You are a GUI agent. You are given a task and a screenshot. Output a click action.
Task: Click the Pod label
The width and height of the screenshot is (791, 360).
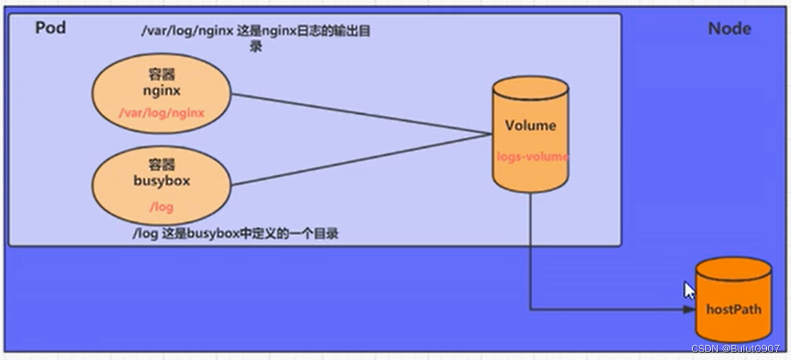50,28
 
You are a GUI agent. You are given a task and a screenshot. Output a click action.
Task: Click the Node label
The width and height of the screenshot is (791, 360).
729,28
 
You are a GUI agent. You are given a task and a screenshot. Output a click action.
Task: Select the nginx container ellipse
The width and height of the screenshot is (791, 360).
161,93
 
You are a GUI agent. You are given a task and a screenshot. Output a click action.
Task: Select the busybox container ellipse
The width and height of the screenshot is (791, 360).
161,185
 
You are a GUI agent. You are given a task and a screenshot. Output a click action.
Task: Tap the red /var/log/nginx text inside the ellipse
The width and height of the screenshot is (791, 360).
161,113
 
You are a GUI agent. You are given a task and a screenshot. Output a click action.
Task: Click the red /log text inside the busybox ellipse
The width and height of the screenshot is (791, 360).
161,207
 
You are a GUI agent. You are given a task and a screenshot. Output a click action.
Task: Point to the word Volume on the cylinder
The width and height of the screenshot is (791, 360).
530,126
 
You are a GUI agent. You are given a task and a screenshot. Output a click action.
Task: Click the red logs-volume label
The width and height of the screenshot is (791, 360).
533,157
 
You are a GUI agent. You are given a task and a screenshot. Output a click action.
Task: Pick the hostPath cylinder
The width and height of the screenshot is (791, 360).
733,300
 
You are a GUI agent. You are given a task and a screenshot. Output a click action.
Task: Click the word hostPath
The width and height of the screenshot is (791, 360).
733,309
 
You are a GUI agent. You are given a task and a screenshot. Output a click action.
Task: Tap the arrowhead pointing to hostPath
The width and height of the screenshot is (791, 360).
689,310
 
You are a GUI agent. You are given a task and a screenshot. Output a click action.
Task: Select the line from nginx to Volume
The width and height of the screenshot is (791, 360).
361,114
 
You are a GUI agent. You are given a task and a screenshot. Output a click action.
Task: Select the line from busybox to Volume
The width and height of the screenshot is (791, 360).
361,160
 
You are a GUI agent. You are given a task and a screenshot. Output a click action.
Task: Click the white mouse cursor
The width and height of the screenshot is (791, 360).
689,291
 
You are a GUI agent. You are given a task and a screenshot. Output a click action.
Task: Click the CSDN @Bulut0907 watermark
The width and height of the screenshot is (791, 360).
736,349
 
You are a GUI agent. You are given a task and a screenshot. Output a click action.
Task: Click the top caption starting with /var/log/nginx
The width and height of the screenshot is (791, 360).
256,38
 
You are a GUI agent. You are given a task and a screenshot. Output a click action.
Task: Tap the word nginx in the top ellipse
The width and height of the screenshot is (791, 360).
161,92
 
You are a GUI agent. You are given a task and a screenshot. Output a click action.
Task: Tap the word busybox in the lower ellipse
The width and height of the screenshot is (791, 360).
161,180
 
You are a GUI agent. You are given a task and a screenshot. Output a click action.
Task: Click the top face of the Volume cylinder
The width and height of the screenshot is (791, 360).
530,87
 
